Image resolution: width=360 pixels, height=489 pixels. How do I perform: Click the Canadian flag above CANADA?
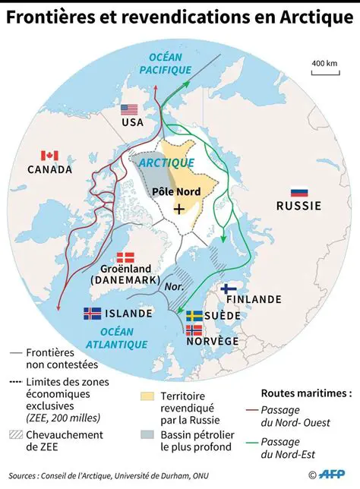49,156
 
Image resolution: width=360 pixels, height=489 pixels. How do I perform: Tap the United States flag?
130,109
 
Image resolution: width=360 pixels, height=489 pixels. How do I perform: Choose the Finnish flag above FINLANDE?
227,289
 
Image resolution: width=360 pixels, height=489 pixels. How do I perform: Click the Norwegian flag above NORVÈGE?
194,330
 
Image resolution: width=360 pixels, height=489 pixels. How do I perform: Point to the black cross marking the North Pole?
179,208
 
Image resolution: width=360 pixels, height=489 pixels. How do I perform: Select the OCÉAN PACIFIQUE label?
165,64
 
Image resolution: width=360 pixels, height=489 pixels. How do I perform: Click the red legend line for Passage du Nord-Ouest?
253,417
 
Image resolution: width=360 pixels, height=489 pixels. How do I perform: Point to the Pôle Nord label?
176,191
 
